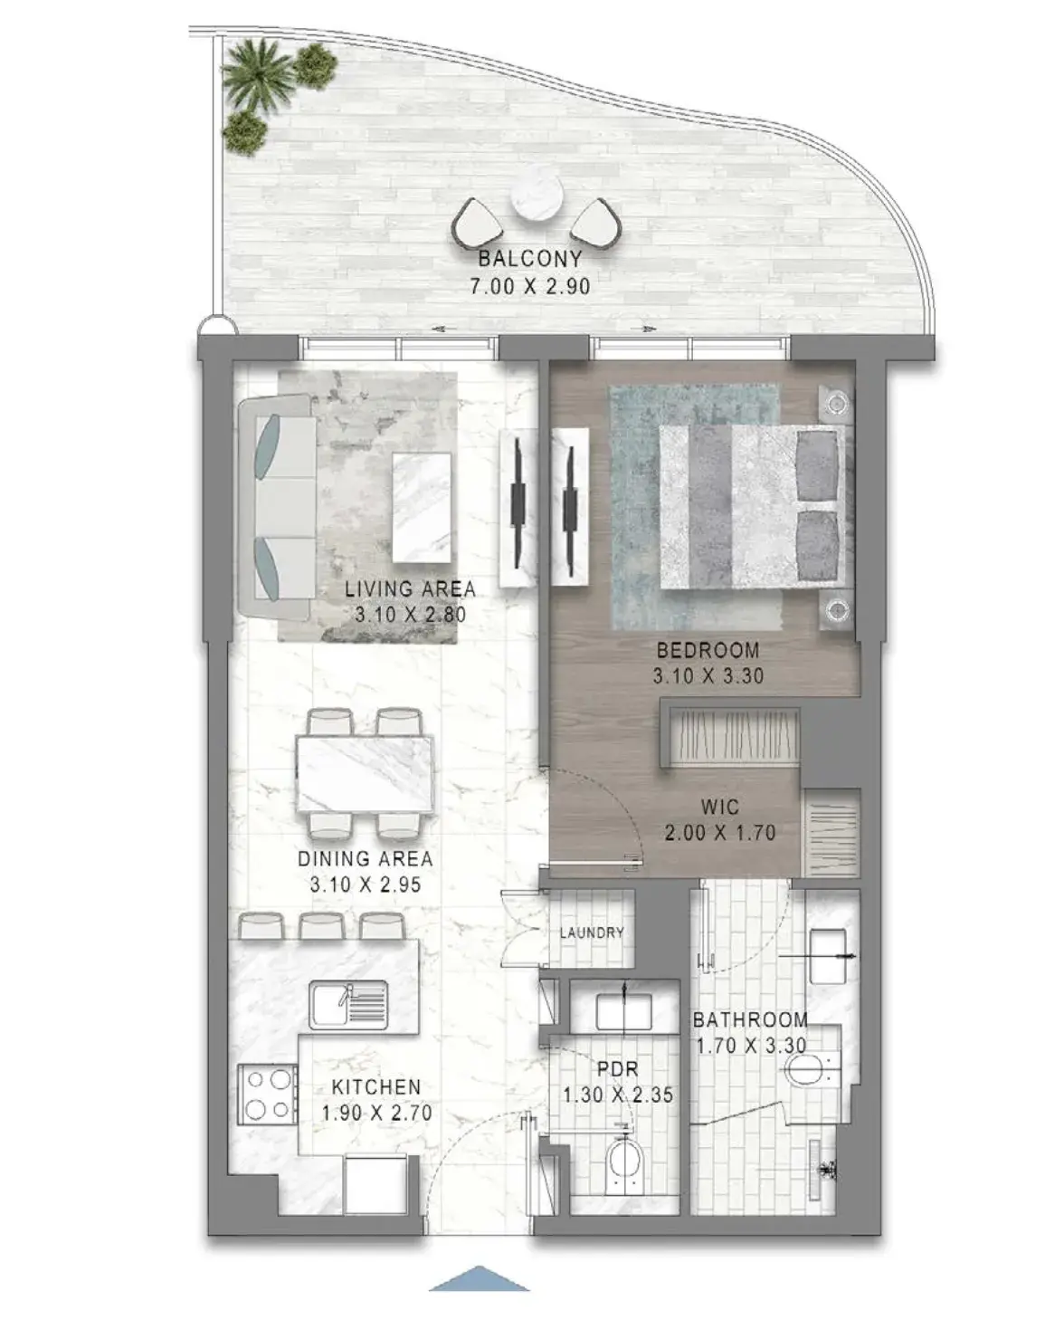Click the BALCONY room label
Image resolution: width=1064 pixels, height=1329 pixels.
[x=530, y=258]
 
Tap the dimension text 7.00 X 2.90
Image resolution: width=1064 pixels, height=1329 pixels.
[x=530, y=287]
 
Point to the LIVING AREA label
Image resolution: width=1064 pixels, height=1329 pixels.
[x=411, y=589]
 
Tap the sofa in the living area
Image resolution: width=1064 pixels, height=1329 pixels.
[x=277, y=508]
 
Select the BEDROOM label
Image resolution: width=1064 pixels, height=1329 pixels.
[x=708, y=650]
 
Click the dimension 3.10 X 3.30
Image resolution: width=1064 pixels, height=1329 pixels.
[x=708, y=675]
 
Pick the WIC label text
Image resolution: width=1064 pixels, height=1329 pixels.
[x=720, y=807]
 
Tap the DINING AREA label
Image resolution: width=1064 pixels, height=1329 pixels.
[x=366, y=858]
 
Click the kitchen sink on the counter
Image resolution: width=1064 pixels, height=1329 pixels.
[x=348, y=1004]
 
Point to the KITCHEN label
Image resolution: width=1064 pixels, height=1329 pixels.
[x=376, y=1087]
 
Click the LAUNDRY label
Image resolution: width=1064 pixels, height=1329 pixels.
[x=592, y=932]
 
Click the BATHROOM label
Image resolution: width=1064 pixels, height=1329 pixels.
[x=750, y=1019]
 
